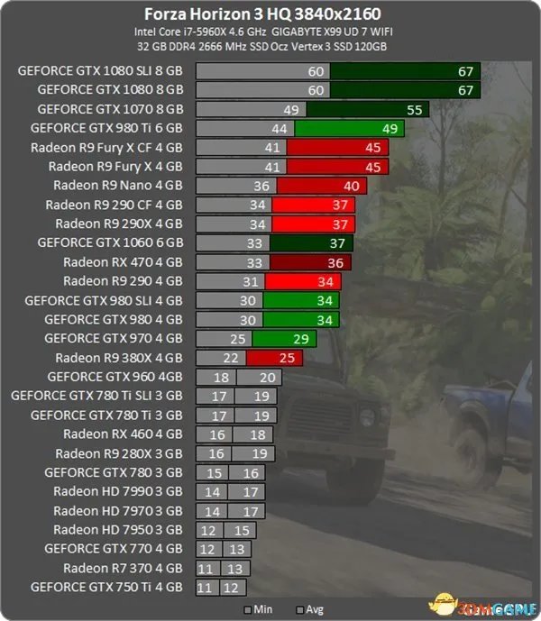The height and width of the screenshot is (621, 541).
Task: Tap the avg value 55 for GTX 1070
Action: [x=415, y=109]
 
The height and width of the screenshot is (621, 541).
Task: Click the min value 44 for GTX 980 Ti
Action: [x=278, y=128]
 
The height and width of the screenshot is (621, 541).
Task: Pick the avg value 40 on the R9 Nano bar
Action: [x=352, y=186]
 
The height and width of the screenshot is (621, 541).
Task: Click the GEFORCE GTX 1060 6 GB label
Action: [x=110, y=242]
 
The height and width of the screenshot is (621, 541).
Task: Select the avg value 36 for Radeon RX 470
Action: [x=335, y=261]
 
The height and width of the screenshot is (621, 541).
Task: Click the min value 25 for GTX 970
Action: [x=239, y=338]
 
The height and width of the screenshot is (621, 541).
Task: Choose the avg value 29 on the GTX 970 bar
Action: [x=299, y=338]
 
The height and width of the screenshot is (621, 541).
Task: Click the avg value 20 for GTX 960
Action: [x=267, y=377]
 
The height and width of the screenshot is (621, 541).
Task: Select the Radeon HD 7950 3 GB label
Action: [x=118, y=529]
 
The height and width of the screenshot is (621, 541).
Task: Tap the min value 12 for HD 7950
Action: [x=208, y=529]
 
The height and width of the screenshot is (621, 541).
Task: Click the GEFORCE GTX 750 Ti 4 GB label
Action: [x=106, y=587]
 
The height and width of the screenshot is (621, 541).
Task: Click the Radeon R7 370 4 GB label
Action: [x=123, y=568]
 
